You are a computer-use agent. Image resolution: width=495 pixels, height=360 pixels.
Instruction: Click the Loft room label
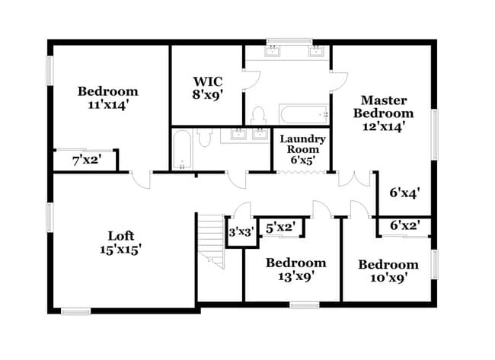pyautogui.click(x=120, y=242)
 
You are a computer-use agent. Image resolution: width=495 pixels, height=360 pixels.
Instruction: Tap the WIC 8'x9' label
pyautogui.click(x=207, y=88)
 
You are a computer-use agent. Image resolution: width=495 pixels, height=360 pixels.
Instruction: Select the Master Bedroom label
pyautogui.click(x=383, y=113)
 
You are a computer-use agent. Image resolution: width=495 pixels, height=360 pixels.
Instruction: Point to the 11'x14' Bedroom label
pyautogui.click(x=107, y=98)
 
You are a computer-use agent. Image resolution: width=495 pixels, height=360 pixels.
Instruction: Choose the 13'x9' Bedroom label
pyautogui.click(x=295, y=269)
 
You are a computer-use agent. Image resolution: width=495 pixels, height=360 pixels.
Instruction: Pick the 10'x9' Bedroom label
pyautogui.click(x=388, y=271)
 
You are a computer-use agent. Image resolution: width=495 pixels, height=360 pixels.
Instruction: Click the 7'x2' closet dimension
pyautogui.click(x=86, y=161)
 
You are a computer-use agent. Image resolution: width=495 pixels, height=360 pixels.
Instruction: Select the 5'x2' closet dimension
pyautogui.click(x=280, y=226)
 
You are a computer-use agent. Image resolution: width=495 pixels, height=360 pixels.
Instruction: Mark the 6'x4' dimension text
pyautogui.click(x=405, y=193)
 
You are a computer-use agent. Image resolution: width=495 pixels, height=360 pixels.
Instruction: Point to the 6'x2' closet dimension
pyautogui.click(x=405, y=225)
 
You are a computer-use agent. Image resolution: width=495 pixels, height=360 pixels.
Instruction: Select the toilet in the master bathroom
pyautogui.click(x=257, y=116)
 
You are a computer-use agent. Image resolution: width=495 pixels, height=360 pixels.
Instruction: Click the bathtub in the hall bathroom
pyautogui.click(x=181, y=150)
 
